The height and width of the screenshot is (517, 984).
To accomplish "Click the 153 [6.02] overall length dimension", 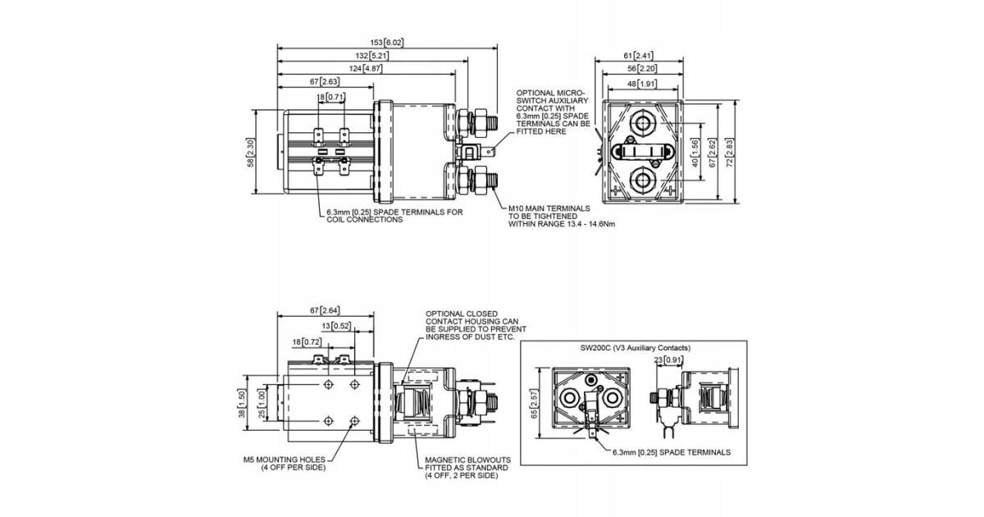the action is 386,43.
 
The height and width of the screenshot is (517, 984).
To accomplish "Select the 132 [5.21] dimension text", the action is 372,56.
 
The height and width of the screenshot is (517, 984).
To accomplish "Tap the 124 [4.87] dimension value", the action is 366,69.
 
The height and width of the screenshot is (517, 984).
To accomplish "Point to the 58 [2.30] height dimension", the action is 250,153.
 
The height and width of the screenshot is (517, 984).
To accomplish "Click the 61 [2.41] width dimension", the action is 638,56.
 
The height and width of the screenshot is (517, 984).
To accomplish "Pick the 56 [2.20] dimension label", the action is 642,69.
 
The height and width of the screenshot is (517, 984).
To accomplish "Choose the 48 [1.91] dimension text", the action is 642,84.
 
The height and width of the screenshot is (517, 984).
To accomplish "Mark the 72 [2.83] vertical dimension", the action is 730,153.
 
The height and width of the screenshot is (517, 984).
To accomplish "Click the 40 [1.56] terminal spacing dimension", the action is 695,153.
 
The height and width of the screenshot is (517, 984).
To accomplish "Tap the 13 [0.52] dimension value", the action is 336,326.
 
